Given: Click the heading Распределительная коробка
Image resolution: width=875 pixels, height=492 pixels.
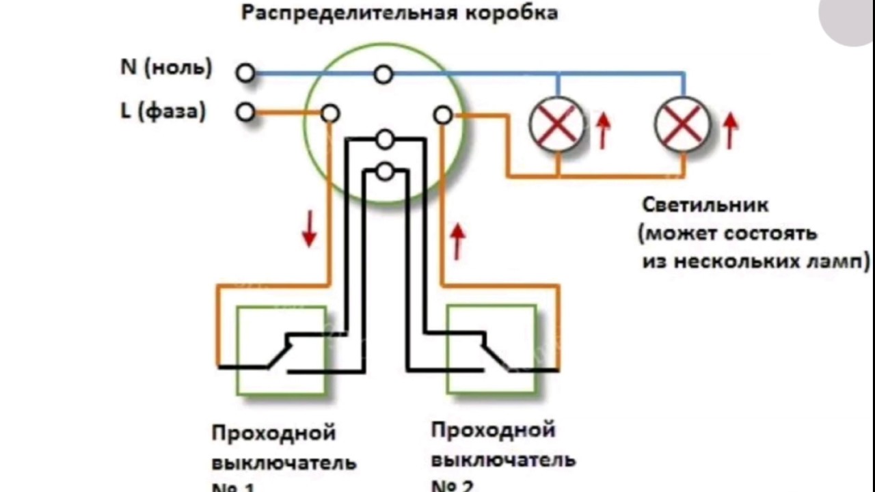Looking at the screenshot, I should [399, 14].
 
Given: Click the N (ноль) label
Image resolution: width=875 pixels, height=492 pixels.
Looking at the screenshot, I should [166, 68].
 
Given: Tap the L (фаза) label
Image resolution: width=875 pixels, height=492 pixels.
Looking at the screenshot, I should [163, 111].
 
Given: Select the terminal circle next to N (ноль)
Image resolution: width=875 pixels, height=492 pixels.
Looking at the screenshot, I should [245, 72].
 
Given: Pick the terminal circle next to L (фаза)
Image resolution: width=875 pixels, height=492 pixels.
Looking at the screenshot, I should [245, 113].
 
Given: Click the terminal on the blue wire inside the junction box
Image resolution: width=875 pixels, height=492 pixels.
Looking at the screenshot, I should [383, 74].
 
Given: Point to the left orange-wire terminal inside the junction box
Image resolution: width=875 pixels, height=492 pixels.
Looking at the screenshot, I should [330, 113].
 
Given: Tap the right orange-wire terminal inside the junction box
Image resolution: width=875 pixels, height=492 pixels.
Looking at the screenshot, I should [443, 115].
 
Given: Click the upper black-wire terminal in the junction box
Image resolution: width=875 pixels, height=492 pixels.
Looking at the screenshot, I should [386, 140].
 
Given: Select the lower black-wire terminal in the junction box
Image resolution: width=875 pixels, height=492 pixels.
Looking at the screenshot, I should [386, 171].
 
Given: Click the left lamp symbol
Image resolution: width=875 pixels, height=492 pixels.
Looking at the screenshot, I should [558, 124].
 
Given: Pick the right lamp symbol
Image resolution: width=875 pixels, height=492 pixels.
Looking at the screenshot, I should [683, 124].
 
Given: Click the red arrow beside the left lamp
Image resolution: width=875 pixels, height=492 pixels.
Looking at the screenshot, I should [603, 131].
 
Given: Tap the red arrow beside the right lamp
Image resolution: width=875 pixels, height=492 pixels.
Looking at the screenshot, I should [730, 131].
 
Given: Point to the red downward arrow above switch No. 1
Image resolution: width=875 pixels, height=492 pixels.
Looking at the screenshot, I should [309, 228].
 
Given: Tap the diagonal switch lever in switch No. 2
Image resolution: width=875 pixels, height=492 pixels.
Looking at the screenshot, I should [496, 354].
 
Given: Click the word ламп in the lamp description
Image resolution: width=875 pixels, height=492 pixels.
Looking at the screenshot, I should [840, 262].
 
